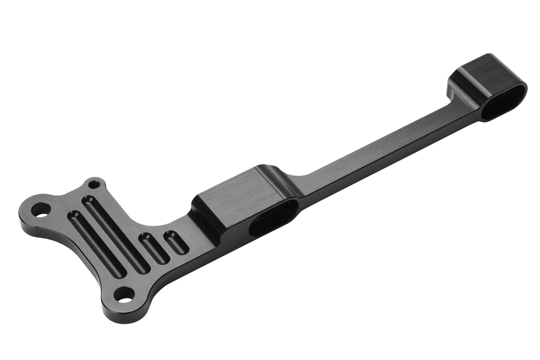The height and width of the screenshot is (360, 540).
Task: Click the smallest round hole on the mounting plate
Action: click(93, 185)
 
